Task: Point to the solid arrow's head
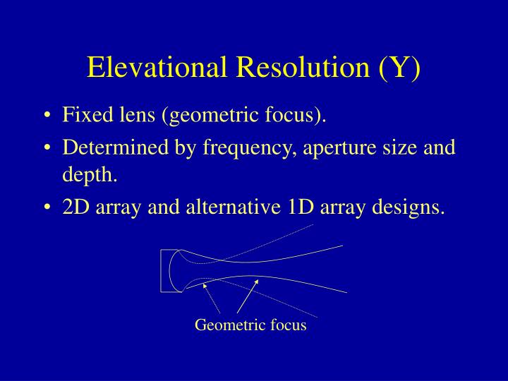click(x=258, y=281)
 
